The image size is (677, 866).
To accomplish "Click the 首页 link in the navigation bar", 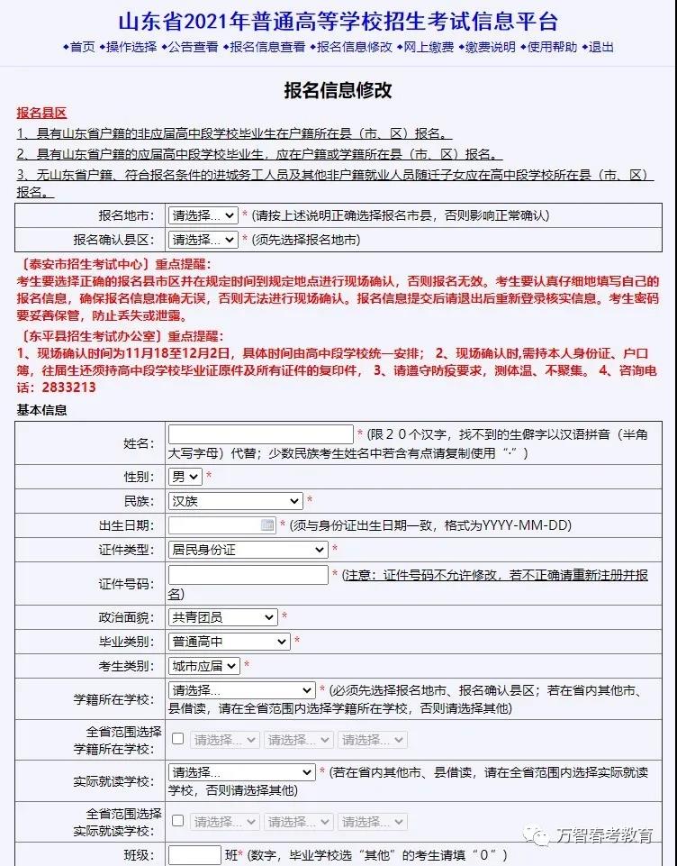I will coord(82,47).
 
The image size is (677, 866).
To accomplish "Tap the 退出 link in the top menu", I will coord(600,47).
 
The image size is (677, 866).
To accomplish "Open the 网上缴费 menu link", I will coord(428,47).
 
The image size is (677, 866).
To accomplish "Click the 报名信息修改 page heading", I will coord(338,90).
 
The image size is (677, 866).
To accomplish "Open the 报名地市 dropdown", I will coord(203,215).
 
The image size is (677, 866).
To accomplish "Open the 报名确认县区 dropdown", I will coord(203,240).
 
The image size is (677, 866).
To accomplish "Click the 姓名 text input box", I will coord(261,434).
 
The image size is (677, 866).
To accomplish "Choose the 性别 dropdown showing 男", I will coord(185,476).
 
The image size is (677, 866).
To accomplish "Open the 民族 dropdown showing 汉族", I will coord(236,501).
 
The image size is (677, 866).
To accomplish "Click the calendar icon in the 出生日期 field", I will coord(267,524).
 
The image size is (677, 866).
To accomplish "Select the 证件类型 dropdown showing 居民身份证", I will coord(248,549).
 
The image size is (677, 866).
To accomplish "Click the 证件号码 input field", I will coord(248,575).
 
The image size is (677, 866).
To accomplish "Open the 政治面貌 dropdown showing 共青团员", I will coord(223,617).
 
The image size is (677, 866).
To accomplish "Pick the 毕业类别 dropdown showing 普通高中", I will coord(230,642).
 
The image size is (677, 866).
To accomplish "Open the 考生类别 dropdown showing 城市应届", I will coord(204,666).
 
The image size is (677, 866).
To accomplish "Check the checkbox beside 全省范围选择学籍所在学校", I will coord(178,739).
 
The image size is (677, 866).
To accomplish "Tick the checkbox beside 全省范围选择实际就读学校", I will coord(178,821).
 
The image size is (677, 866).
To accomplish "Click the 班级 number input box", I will coord(194,855).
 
